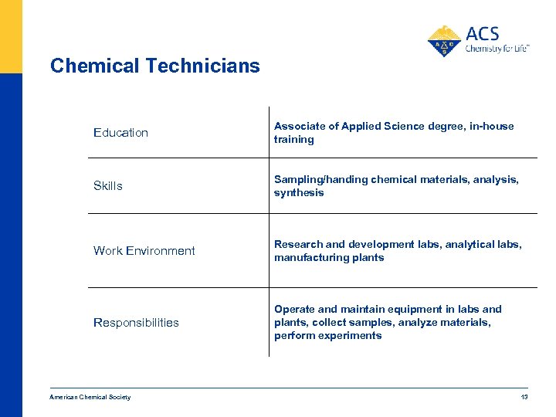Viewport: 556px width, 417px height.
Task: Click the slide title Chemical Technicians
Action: tap(154, 66)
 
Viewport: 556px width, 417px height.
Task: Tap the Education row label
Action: tap(120, 133)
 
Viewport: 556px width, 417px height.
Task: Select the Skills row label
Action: tap(108, 186)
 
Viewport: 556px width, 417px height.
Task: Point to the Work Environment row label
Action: tap(144, 251)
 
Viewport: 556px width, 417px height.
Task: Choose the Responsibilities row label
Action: tap(136, 323)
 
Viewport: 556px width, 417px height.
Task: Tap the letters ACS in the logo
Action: tap(483, 34)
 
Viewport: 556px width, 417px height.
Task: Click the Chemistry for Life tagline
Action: tap(497, 49)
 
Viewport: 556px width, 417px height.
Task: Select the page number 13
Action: tap(524, 397)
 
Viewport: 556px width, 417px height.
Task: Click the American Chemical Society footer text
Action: tap(90, 397)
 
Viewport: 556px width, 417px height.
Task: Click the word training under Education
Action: tap(294, 140)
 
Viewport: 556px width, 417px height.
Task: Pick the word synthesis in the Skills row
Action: tap(299, 193)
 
